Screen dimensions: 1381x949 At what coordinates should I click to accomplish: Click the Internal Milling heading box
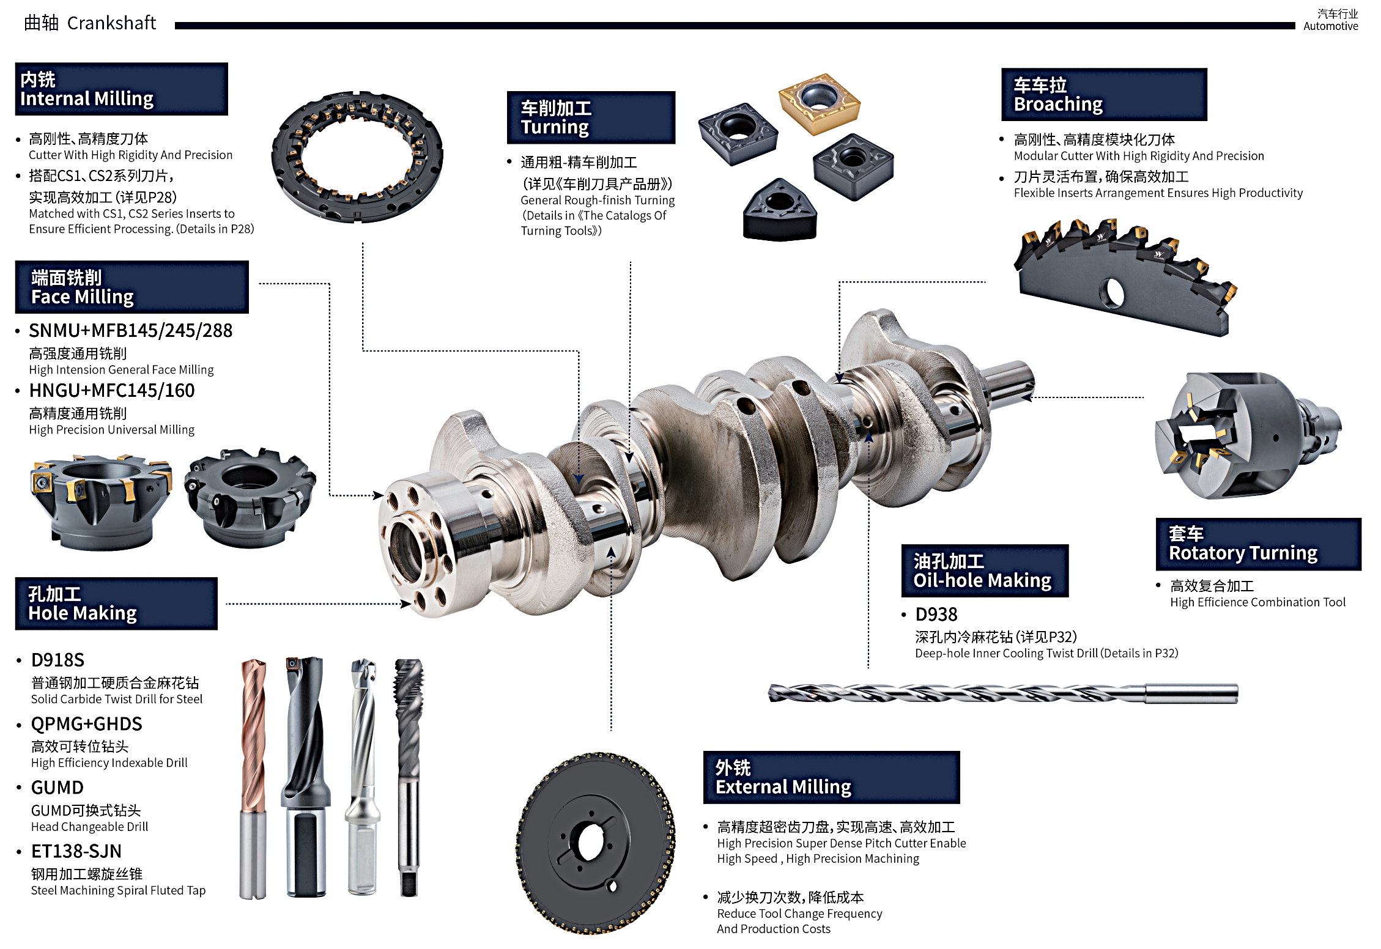click(121, 89)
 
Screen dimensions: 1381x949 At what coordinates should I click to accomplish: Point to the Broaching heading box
click(1104, 94)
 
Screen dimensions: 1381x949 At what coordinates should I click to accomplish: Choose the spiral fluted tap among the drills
click(409, 777)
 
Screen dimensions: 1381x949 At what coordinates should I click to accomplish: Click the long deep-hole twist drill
click(1003, 693)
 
